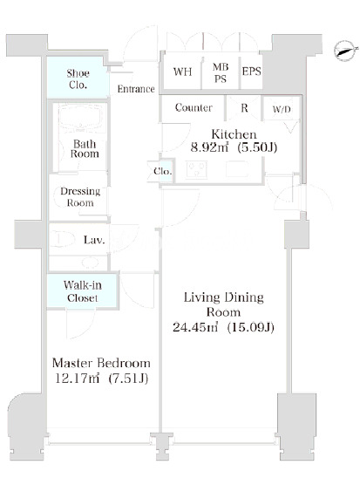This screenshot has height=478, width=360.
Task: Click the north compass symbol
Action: point(345,51)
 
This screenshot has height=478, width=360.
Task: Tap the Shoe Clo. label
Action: point(78,79)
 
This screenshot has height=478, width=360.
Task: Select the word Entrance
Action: point(136,89)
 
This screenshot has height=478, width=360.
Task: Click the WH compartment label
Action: point(182,72)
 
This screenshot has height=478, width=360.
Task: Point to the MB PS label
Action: point(221,72)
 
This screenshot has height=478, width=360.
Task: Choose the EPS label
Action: point(252,72)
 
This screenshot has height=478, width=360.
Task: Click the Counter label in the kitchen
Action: point(194,107)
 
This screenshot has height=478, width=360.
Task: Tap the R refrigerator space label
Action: point(244,108)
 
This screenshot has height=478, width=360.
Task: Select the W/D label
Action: point(282,109)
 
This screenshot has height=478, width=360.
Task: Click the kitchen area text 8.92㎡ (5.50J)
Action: point(234,147)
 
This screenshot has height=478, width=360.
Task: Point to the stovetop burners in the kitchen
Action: point(196,170)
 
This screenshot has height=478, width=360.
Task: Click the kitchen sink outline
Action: point(237,169)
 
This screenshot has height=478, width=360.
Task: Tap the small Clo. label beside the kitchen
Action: point(163,171)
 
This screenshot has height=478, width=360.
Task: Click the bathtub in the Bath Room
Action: point(82,119)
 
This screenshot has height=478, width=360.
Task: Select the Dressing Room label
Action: point(80,197)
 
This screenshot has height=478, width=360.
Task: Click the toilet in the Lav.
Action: point(63,239)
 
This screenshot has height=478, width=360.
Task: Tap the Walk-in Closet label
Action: point(83,291)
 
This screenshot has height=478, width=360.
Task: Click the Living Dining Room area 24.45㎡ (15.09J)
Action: point(223,327)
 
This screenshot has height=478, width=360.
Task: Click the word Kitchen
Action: point(234,134)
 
